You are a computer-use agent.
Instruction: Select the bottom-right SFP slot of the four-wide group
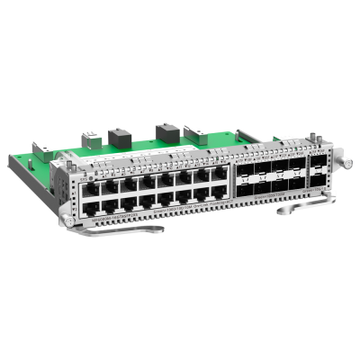pos(295,184)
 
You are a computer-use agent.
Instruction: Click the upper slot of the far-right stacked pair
pos(320,165)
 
